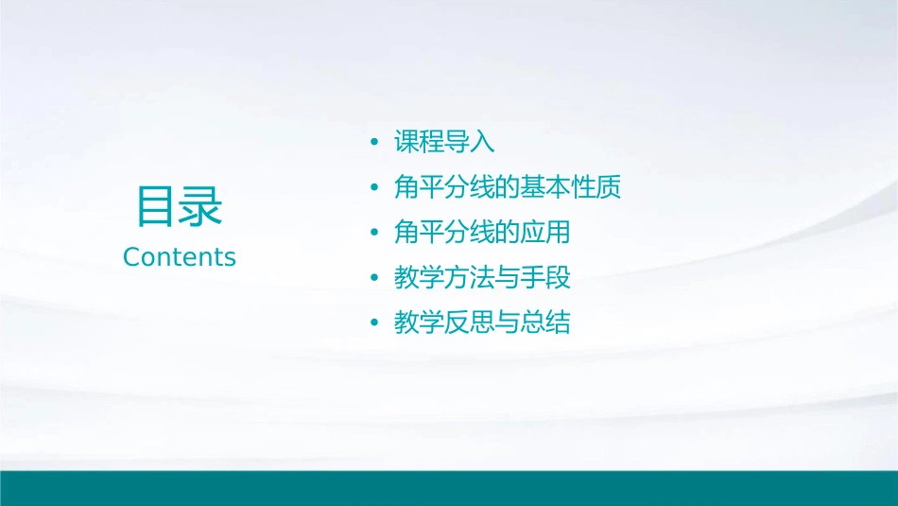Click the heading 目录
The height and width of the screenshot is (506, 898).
[x=180, y=206]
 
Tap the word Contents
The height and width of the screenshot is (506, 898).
[x=180, y=257]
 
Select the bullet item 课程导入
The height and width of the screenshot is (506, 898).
[x=444, y=143]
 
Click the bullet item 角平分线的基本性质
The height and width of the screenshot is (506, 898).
[x=508, y=187]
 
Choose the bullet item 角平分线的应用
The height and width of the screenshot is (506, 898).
[x=482, y=233]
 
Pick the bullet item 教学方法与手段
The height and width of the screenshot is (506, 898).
[x=482, y=278]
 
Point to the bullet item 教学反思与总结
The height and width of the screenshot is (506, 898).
[x=482, y=323]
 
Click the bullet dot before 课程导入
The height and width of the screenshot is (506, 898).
[x=374, y=143]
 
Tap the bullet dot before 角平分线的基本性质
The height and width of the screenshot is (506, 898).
[x=374, y=187]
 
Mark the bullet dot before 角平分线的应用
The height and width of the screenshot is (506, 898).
[x=374, y=233]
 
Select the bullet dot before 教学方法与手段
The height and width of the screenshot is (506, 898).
[x=374, y=278]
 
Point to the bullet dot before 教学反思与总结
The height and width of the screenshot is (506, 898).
[x=374, y=323]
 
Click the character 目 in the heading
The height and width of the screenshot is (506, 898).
[x=157, y=206]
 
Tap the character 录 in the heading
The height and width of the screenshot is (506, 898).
[x=201, y=206]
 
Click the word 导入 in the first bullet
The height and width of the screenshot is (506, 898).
[x=470, y=143]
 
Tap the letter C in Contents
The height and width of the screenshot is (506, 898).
[x=131, y=257]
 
